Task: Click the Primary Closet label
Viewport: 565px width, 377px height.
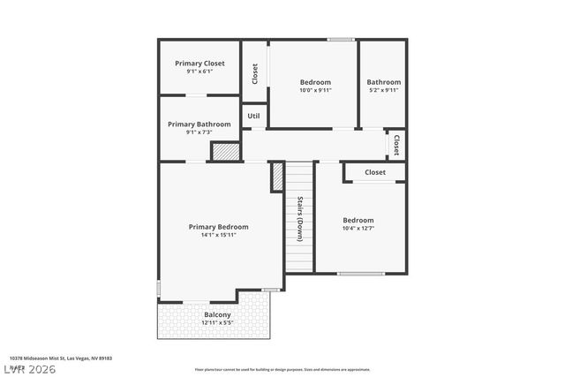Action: pyautogui.click(x=200, y=64)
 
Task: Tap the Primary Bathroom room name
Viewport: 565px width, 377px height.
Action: pyautogui.click(x=200, y=124)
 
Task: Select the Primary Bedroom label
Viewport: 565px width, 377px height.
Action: pyautogui.click(x=218, y=227)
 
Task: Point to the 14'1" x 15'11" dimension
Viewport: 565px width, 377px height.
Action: pyautogui.click(x=218, y=236)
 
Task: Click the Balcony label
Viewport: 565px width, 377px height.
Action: pyautogui.click(x=217, y=314)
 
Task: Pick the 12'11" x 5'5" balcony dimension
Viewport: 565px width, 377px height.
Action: pyautogui.click(x=217, y=322)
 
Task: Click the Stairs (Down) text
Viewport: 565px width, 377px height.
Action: pyautogui.click(x=300, y=217)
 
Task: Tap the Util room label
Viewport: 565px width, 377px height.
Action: pyautogui.click(x=253, y=116)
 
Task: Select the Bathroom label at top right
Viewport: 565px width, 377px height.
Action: pyautogui.click(x=384, y=82)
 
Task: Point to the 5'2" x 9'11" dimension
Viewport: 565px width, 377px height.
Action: pyautogui.click(x=384, y=90)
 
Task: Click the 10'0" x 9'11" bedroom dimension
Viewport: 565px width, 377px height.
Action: pyautogui.click(x=314, y=90)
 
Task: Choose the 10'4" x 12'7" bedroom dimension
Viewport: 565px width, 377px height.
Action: pyautogui.click(x=358, y=229)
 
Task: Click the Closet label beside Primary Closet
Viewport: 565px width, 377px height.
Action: pyautogui.click(x=255, y=73)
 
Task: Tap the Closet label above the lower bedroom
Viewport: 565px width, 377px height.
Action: pyautogui.click(x=375, y=172)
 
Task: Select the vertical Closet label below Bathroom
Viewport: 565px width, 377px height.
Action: pyautogui.click(x=396, y=145)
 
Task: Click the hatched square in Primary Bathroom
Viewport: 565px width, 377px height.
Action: pyautogui.click(x=225, y=152)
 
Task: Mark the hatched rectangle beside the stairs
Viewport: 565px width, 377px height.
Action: pyautogui.click(x=276, y=176)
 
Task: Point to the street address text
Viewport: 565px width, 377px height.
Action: pyautogui.click(x=55, y=358)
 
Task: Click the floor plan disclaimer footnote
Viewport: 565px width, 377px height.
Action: pyautogui.click(x=282, y=370)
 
